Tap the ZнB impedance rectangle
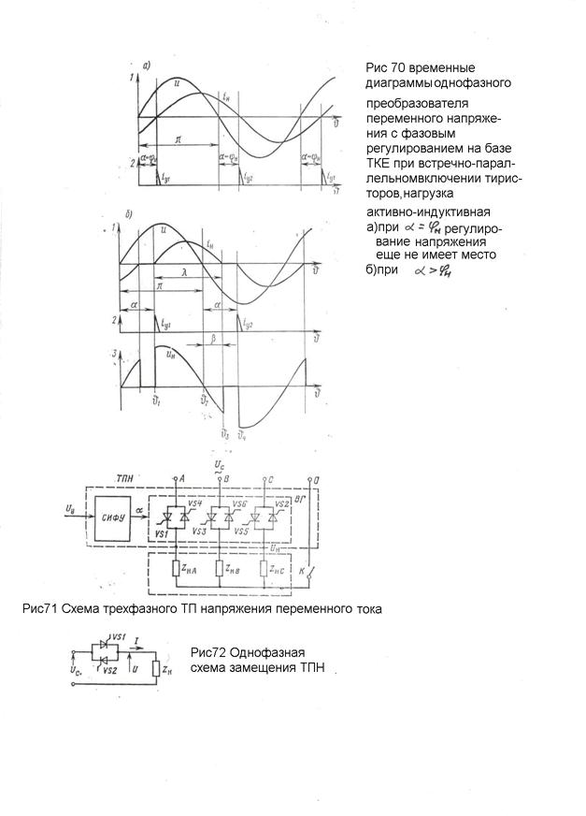pyautogui.click(x=222, y=568)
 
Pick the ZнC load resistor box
pyautogui.click(x=270, y=568)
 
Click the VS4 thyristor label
pyautogui.click(x=194, y=504)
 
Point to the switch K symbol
pyautogui.click(x=312, y=568)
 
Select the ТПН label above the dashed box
pyautogui.click(x=126, y=478)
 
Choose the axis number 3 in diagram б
pyautogui.click(x=113, y=354)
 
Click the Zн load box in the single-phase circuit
pyautogui.click(x=165, y=670)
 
